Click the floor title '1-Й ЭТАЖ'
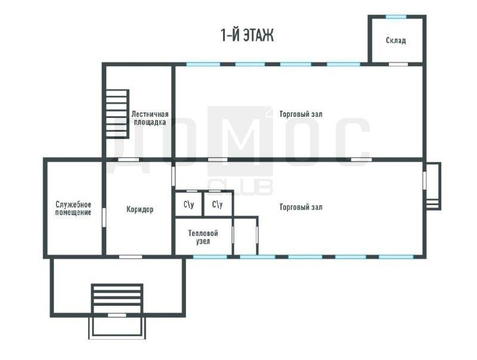tap(247, 35)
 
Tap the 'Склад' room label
tap(396, 40)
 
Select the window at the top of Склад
tap(396, 17)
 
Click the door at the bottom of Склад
tap(398, 64)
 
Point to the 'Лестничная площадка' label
tap(150, 118)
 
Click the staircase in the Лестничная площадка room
tap(117, 114)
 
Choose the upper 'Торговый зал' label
tap(301, 114)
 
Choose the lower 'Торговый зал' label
tap(301, 207)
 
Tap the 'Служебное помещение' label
tap(73, 208)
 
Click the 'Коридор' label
tap(140, 209)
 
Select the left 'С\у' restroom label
tap(188, 204)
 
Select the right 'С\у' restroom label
tap(217, 204)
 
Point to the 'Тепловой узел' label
tap(203, 237)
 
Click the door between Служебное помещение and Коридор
tap(104, 217)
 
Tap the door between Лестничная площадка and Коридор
tap(128, 160)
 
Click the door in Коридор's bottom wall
tap(131, 257)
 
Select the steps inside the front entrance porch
tap(117, 299)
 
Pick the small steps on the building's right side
tap(432, 204)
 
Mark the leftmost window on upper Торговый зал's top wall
tap(203, 64)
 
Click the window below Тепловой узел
tap(210, 257)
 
